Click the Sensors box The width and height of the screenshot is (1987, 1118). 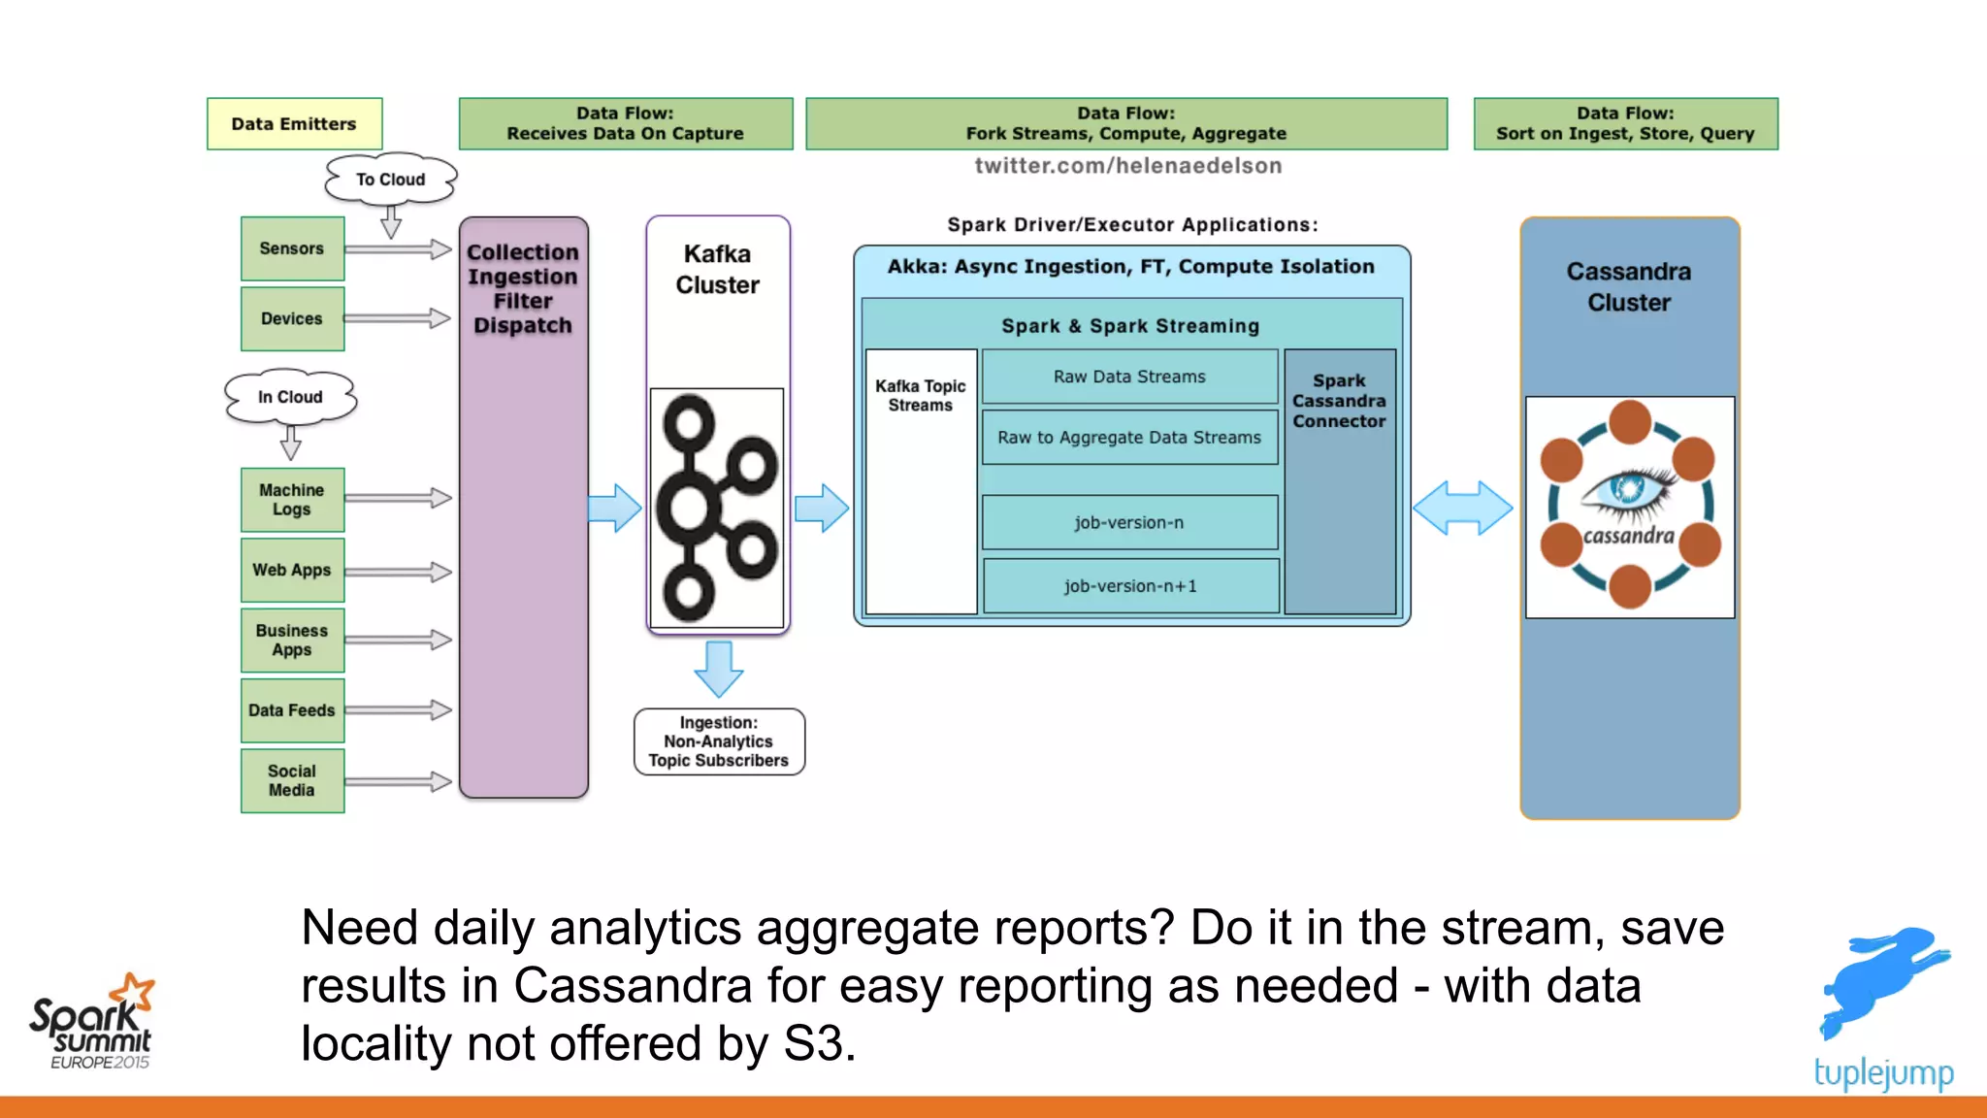click(x=292, y=248)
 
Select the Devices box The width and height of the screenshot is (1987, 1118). click(x=292, y=318)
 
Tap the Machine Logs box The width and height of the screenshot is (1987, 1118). click(x=292, y=499)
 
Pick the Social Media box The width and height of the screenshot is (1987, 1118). click(x=292, y=780)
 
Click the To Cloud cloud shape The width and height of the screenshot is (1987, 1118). click(x=390, y=180)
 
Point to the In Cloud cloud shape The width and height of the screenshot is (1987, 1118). click(x=290, y=397)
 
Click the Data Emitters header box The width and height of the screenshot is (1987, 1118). click(x=294, y=123)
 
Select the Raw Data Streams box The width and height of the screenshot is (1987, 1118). click(x=1129, y=377)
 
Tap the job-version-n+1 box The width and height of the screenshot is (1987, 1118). click(x=1130, y=585)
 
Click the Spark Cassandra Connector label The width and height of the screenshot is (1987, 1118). click(x=1339, y=401)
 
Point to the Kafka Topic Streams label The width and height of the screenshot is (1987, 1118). click(x=920, y=395)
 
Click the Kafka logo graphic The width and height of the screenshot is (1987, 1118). click(x=716, y=508)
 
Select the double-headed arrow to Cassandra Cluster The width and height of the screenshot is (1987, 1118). click(x=1462, y=508)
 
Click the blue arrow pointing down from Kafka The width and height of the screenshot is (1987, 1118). click(x=719, y=669)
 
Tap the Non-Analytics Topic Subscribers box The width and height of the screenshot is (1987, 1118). click(x=719, y=741)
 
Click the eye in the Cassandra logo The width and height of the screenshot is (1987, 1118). click(x=1628, y=488)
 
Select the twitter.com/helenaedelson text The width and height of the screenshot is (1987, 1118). click(x=1127, y=166)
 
